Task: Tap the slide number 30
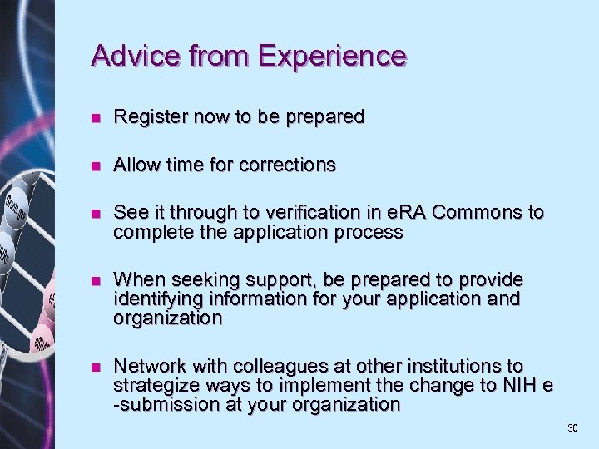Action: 572,428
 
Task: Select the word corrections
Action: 287,165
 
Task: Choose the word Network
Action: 146,366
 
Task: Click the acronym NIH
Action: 520,385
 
